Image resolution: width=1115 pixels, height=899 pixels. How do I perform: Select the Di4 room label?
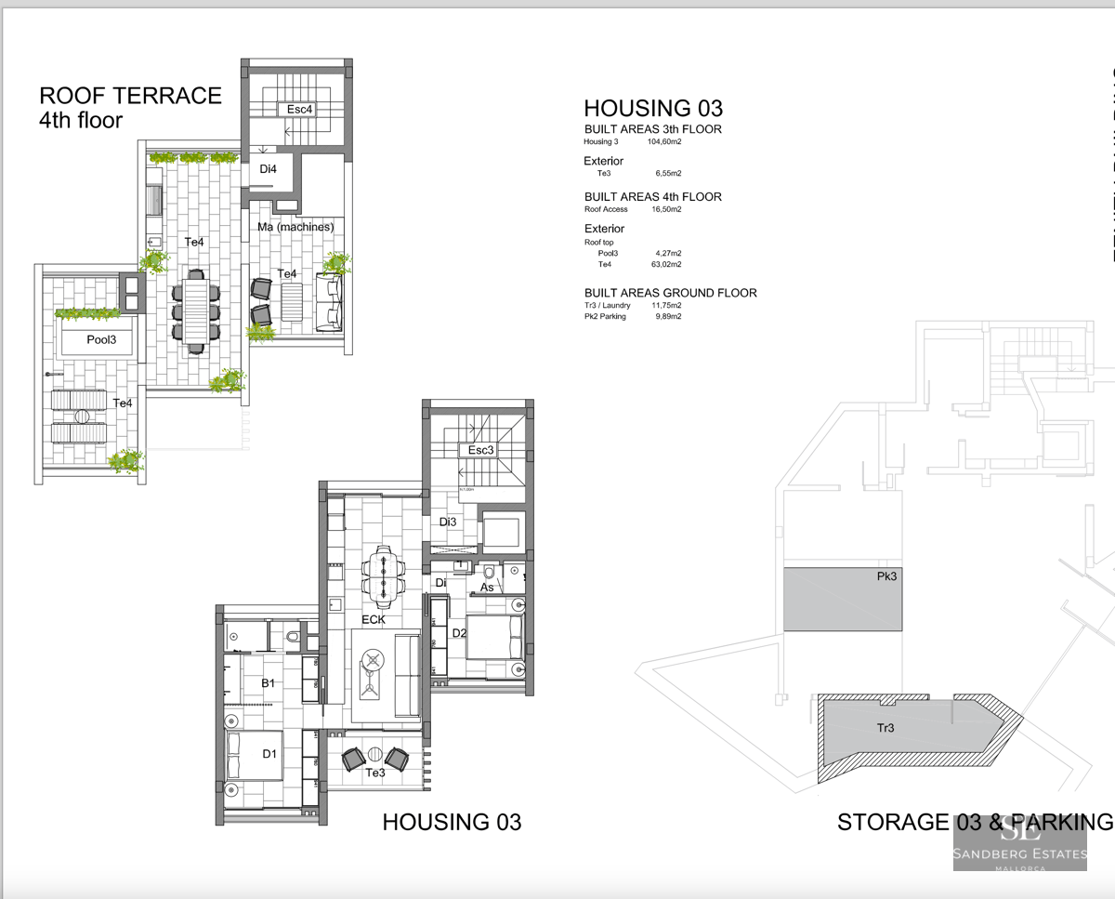point(268,169)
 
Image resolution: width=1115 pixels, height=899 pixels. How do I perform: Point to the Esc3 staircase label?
point(481,450)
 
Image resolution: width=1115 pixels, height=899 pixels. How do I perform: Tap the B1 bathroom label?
point(268,683)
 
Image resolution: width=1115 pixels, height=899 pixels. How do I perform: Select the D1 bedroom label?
point(269,754)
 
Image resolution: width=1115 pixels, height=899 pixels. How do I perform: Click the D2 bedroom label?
point(459,633)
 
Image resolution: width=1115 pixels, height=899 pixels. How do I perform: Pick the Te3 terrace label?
point(375,773)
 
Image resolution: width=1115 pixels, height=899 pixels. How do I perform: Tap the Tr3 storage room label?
point(885,728)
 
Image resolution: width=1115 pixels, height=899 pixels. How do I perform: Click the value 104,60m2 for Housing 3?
point(664,142)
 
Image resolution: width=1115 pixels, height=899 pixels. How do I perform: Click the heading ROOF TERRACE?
point(130,96)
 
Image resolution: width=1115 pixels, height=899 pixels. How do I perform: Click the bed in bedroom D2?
point(494,637)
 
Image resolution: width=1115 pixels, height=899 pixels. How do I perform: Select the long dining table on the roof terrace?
point(196,311)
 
